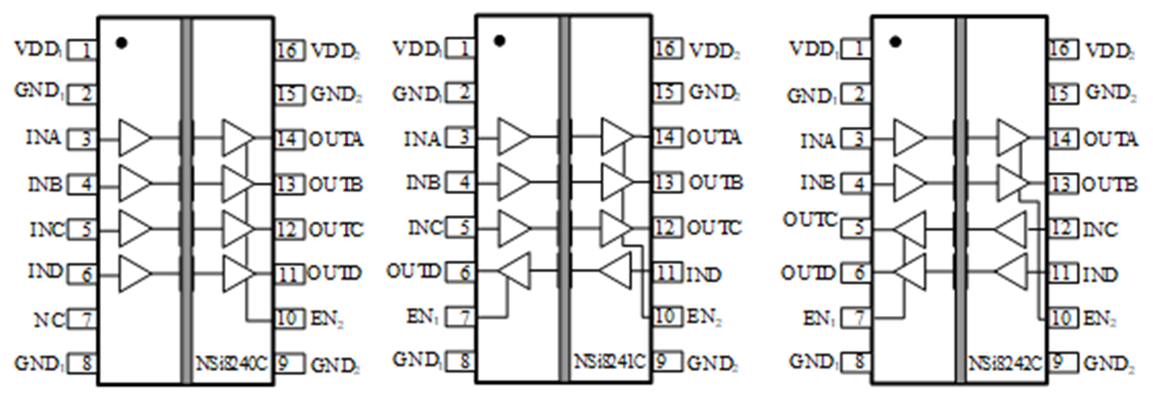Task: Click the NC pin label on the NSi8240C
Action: (x=49, y=320)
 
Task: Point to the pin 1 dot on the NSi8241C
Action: (x=499, y=41)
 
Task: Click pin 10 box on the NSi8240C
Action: (x=289, y=319)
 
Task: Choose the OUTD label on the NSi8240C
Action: (x=335, y=274)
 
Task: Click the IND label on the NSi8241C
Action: (x=704, y=275)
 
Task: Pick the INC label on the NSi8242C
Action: (x=1100, y=229)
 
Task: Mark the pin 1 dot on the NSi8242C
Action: (x=895, y=41)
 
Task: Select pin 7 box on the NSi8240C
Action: (x=83, y=320)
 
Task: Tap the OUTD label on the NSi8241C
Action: (x=413, y=272)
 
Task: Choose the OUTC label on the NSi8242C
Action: (x=810, y=220)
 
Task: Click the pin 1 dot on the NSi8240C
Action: (x=122, y=44)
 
